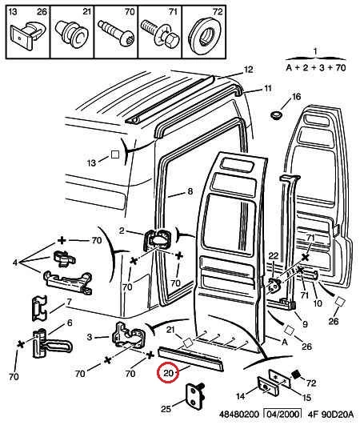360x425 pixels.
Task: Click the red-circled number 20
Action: pyautogui.click(x=168, y=373)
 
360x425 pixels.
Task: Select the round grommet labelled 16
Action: pyautogui.click(x=277, y=115)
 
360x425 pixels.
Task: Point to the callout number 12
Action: pyautogui.click(x=248, y=70)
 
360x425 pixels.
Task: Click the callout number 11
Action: pyautogui.click(x=268, y=88)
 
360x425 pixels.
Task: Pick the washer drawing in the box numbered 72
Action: pyautogui.click(x=205, y=35)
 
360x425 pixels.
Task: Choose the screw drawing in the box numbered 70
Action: pyautogui.click(x=116, y=32)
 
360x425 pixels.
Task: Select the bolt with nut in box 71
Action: pyautogui.click(x=160, y=34)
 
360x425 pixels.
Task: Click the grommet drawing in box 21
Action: pyautogui.click(x=72, y=34)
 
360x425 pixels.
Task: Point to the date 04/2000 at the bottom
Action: pyautogui.click(x=282, y=415)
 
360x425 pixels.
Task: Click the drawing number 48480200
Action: pyautogui.click(x=239, y=415)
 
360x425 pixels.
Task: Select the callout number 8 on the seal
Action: pyautogui.click(x=190, y=191)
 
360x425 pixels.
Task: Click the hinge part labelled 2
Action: pyautogui.click(x=157, y=240)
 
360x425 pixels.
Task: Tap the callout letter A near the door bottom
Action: pyautogui.click(x=285, y=343)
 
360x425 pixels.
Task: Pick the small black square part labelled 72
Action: pyautogui.click(x=296, y=375)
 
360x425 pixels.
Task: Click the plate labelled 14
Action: pyautogui.click(x=268, y=387)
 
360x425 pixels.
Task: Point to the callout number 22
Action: pyautogui.click(x=274, y=256)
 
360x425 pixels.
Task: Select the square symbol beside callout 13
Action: pyautogui.click(x=115, y=154)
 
